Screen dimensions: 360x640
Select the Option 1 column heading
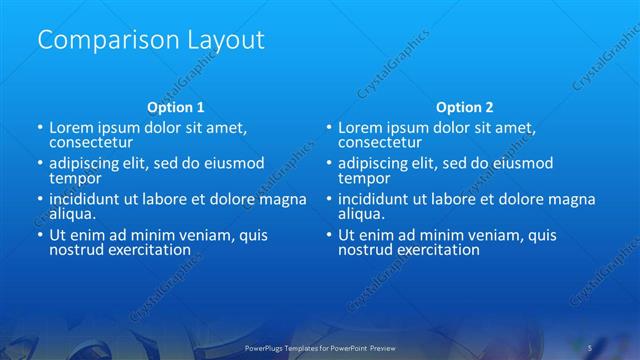pos(176,107)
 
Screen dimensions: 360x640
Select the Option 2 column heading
pos(465,107)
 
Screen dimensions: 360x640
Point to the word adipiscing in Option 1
pos(87,163)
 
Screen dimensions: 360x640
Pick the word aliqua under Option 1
pos(71,213)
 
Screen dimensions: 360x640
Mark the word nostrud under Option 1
pos(75,249)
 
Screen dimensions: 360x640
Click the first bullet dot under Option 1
pos(40,129)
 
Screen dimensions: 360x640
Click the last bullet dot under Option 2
pos(329,235)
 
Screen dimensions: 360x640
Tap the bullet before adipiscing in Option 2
pos(329,163)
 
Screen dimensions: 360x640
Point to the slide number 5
pos(590,347)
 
